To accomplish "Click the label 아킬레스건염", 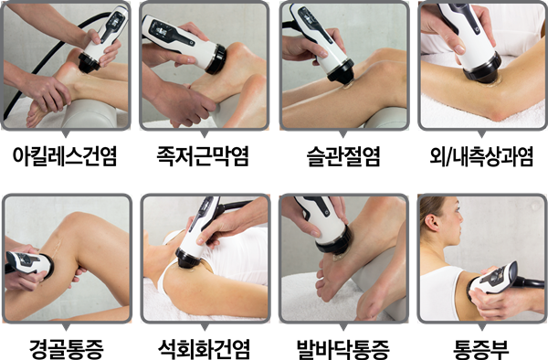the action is pos(65,156).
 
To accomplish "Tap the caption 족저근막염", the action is pos(203,156).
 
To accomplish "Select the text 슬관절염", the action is pos(343,156).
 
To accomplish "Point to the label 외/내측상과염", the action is pos(481,156).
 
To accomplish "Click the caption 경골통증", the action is pos(67,348).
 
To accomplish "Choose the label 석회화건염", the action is pos(204,348).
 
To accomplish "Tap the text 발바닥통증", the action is pos(342,348).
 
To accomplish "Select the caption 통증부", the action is pos(481,348).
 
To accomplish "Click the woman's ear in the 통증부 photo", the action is pos(432,223).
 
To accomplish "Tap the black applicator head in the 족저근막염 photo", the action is pos(216,59).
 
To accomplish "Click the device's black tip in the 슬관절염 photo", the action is pos(341,73).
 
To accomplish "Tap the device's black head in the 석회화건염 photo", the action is pos(188,259).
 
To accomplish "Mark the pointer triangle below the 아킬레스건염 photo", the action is pos(66,134).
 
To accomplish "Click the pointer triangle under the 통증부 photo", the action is pos(481,327).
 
